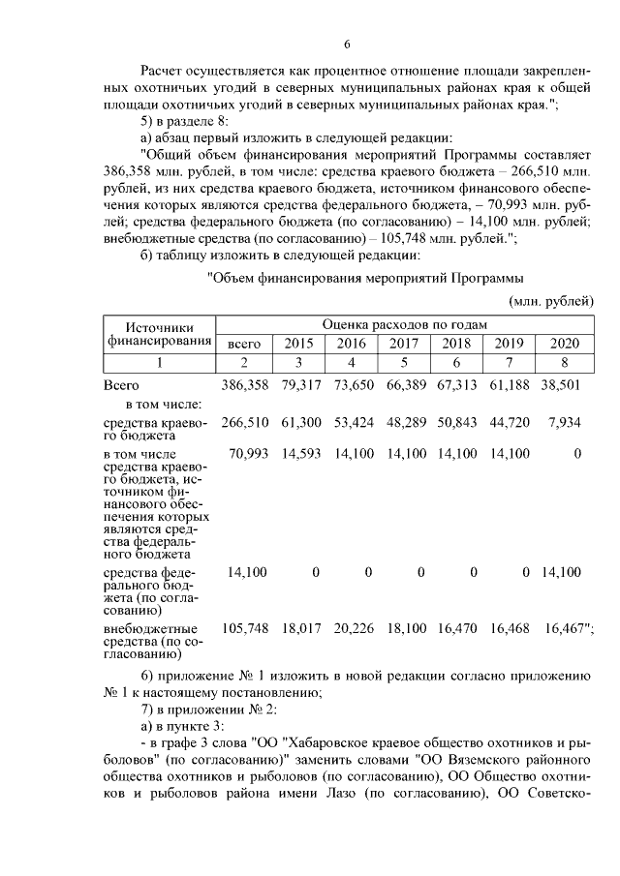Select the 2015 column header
(297, 344)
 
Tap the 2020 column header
(565, 344)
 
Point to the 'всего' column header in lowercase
(244, 344)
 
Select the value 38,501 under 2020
(562, 386)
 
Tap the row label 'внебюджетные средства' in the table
(150, 628)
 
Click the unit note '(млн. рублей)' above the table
(551, 302)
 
